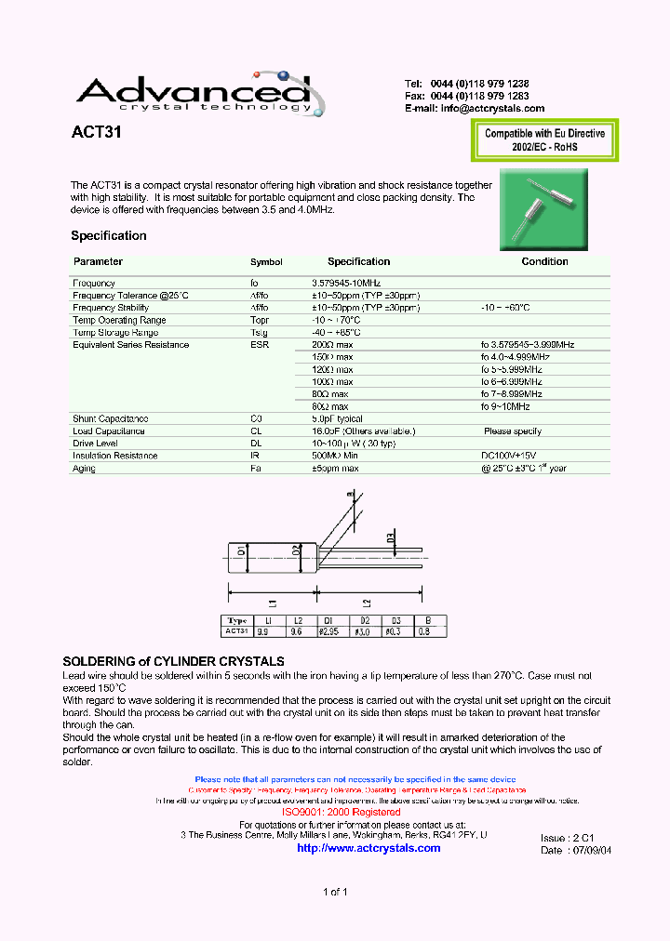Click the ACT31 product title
coord(97,133)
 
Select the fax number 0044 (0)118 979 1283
coord(480,96)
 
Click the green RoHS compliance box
coord(544,140)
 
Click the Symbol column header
coord(266,263)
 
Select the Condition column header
coord(544,262)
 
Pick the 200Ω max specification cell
coord(332,345)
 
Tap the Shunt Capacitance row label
coord(110,419)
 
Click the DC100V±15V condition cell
coord(509,456)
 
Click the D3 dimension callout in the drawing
coord(391,538)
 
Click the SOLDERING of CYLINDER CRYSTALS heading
coord(173,661)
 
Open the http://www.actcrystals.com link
coord(368,848)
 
